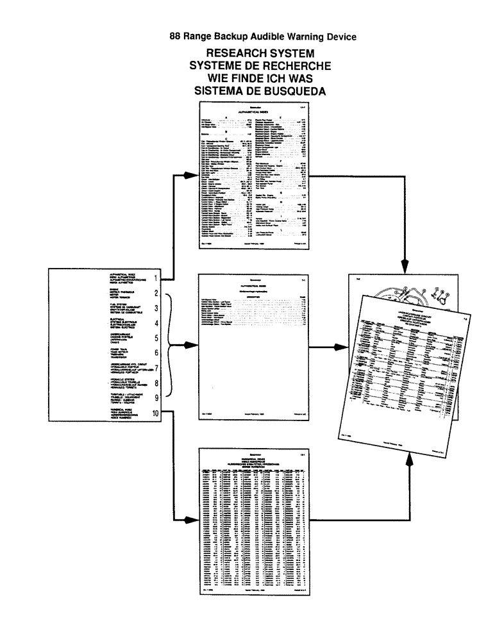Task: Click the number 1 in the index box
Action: click(156, 278)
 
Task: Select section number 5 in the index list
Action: click(156, 337)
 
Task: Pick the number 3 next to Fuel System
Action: click(156, 308)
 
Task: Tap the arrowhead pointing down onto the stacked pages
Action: click(405, 263)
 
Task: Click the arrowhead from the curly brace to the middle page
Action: click(190, 345)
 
